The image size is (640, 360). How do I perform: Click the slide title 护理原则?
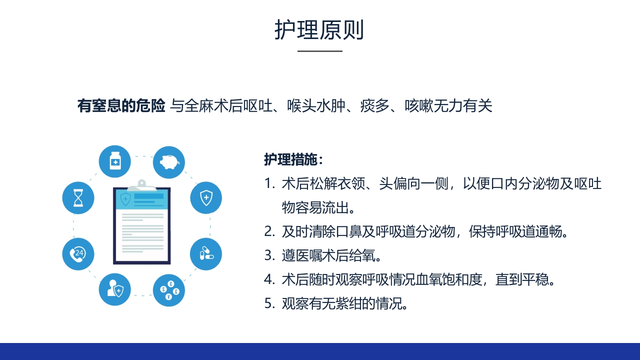[x=319, y=30]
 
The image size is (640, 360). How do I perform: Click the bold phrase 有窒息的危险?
[x=121, y=106]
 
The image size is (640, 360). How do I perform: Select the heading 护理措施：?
[x=294, y=159]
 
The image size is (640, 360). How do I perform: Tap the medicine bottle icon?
[x=115, y=161]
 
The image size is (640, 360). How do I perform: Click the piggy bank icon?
[x=168, y=162]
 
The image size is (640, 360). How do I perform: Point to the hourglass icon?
[x=78, y=198]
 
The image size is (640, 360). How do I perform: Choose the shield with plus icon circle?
[x=206, y=198]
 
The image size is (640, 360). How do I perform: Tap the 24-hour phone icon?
[x=78, y=254]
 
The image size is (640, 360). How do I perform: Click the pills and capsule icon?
[x=206, y=254]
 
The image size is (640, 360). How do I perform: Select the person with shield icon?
[x=115, y=290]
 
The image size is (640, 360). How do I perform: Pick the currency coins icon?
[x=168, y=290]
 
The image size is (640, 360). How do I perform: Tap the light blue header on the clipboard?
[x=141, y=200]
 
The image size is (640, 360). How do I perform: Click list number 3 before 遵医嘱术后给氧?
[x=269, y=256]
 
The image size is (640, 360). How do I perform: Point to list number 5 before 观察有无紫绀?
[x=269, y=303]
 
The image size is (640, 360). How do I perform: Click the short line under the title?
[x=320, y=51]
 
